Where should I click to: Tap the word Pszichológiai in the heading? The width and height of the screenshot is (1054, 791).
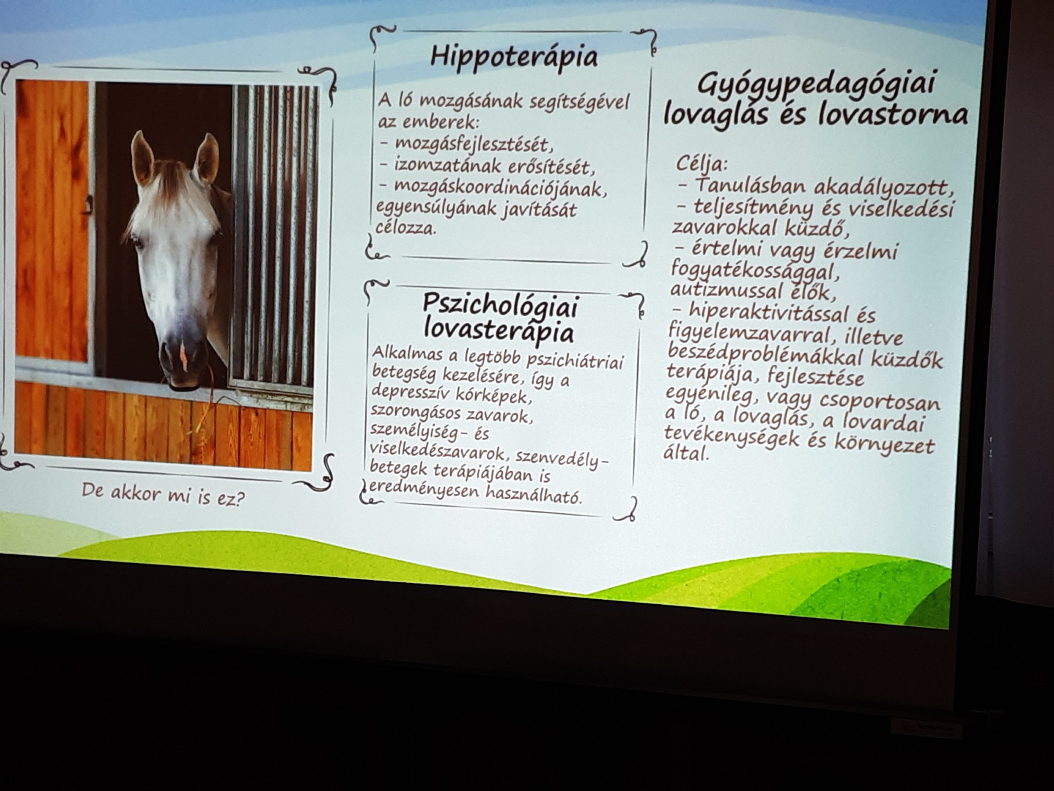click(500, 305)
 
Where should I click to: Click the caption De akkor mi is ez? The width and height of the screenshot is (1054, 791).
click(164, 494)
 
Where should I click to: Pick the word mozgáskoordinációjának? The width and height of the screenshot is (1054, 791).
click(501, 188)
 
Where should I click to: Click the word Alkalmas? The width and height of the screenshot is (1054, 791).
click(407, 353)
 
